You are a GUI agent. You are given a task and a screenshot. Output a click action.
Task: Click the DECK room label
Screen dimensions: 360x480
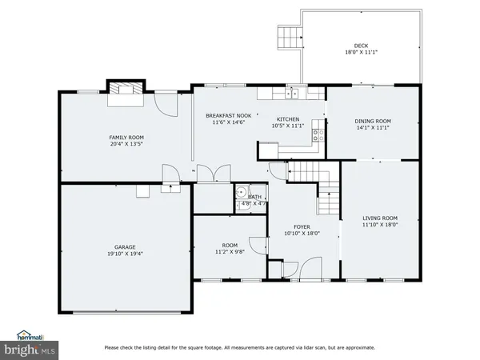tap(362, 46)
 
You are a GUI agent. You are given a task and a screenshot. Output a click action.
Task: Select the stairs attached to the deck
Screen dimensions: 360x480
tap(288, 36)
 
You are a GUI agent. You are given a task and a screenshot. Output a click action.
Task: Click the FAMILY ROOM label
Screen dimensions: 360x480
tap(126, 138)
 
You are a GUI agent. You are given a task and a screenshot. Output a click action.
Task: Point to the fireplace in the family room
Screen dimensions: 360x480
tap(125, 89)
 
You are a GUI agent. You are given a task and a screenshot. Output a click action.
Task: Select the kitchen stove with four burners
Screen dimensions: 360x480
tap(316, 134)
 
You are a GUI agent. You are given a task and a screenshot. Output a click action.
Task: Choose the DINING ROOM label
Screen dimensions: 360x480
tap(372, 122)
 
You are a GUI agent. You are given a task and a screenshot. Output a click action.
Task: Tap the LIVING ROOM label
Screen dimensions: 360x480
tap(379, 218)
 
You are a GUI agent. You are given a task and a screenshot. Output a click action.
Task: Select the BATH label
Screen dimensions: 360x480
tap(254, 196)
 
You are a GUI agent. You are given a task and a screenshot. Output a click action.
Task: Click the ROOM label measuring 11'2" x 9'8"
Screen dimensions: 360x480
tap(230, 245)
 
